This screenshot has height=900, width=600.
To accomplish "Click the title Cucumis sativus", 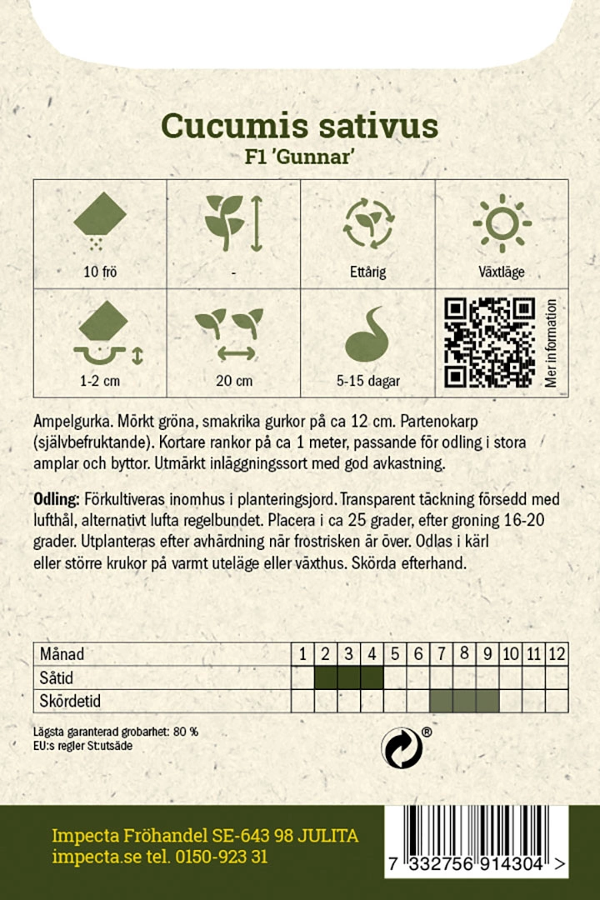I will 299,125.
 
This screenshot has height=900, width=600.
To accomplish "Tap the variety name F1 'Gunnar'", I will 299,158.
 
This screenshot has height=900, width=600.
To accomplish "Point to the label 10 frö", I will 100,272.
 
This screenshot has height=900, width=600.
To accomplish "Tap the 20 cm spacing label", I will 233,381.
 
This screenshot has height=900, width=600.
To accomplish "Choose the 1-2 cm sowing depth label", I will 100,381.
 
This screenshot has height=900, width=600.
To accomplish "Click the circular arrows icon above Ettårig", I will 367,223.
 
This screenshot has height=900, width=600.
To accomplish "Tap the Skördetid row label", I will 70,701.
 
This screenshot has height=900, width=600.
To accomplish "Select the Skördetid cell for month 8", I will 465,701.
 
